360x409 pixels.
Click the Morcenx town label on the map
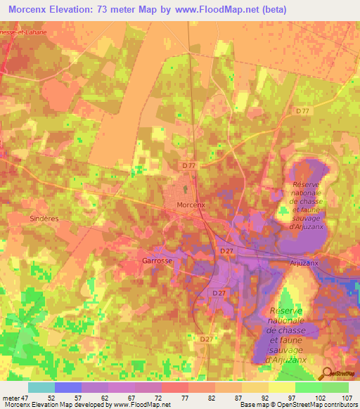[191, 204]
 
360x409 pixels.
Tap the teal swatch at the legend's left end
[41, 387]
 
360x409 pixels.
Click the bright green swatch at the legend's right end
[335, 387]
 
